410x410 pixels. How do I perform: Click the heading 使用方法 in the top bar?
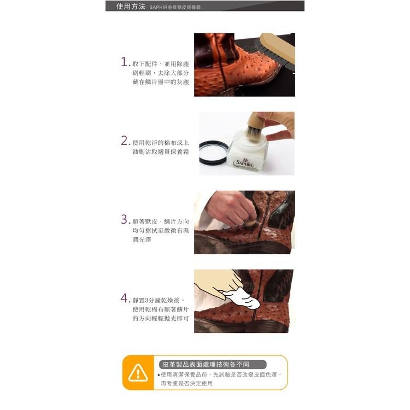[130, 7]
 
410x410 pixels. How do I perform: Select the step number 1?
[125, 61]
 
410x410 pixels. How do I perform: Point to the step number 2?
[125, 140]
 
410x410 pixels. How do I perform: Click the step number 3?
[125, 220]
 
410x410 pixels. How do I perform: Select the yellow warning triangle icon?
[138, 373]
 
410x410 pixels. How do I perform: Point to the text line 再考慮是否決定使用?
[186, 384]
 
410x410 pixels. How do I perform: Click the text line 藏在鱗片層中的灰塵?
[161, 83]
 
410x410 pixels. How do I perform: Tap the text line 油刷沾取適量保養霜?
[161, 151]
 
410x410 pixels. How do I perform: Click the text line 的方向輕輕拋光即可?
[161, 319]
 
